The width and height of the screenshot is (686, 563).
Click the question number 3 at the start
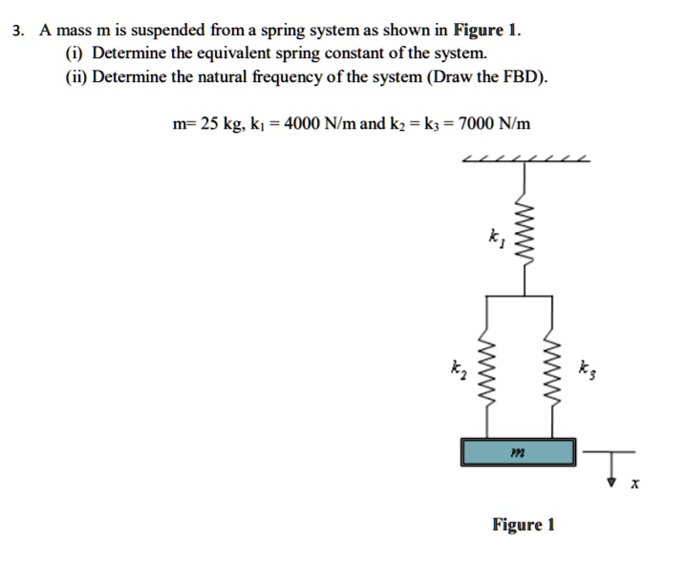17,30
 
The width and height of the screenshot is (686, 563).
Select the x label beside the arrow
633,487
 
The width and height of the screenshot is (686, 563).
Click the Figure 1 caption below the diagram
523,525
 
